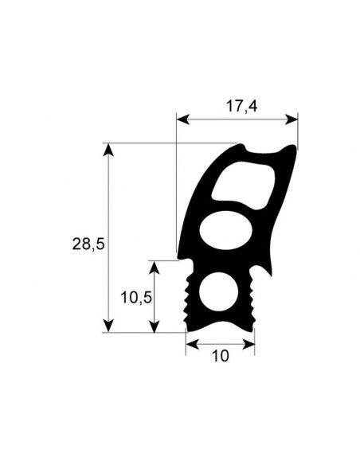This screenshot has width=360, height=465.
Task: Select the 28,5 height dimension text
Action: click(88, 245)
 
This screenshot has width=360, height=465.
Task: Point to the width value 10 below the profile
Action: click(221, 356)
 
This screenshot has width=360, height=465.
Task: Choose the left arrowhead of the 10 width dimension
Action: click(191, 344)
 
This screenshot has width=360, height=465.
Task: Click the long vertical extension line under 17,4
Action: click(176, 191)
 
